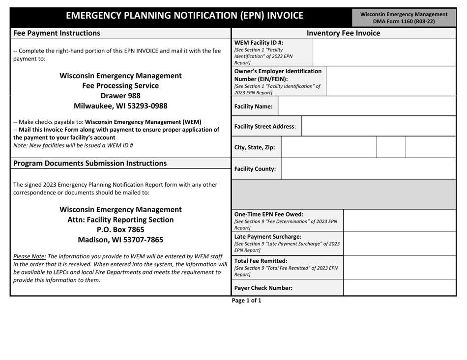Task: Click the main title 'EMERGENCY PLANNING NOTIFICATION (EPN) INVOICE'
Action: pos(184,15)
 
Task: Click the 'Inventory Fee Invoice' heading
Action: pos(343,33)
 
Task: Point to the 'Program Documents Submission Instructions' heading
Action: pos(89,163)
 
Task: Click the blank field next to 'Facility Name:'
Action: pos(367,107)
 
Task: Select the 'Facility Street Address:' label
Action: pos(265,127)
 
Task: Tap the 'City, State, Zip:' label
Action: pos(255,147)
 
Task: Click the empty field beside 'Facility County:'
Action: pos(370,169)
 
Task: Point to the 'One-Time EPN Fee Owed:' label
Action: pos(269,214)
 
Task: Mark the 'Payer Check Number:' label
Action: pos(263,288)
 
